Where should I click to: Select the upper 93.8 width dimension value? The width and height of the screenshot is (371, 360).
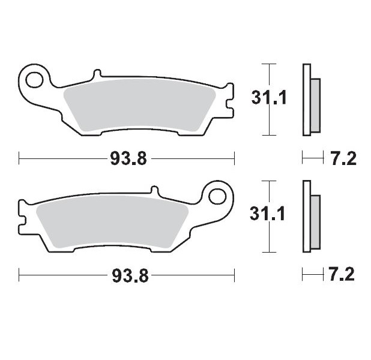(x=125, y=159)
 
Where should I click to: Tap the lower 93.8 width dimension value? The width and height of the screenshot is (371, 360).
(x=127, y=275)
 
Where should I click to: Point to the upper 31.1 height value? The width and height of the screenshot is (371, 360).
(x=264, y=98)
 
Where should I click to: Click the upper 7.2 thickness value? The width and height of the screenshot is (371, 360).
(x=343, y=159)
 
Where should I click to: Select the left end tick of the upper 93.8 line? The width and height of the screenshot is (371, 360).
(x=20, y=159)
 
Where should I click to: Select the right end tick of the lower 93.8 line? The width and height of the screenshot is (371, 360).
(x=234, y=275)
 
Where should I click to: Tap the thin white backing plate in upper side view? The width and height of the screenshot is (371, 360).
(x=306, y=99)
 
